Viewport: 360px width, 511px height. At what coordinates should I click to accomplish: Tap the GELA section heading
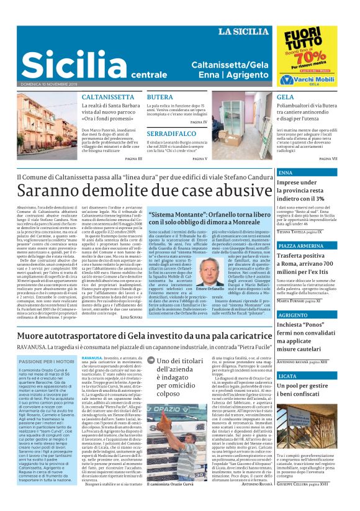pyautogui.click(x=285, y=98)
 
